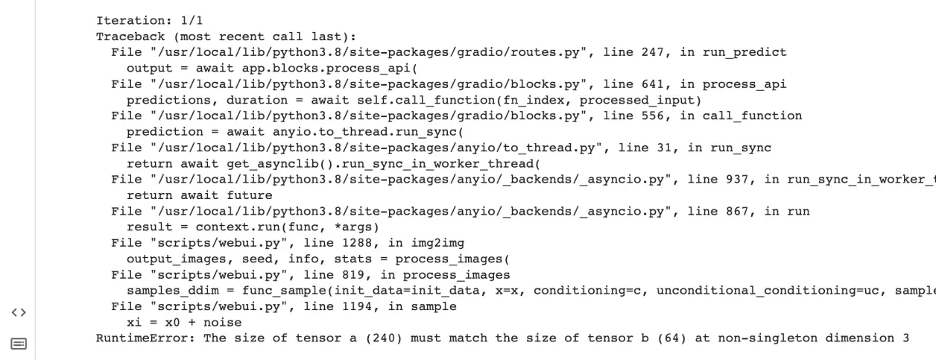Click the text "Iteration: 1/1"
coord(149,20)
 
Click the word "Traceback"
coord(130,37)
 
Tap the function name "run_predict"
coord(744,52)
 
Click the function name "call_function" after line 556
coord(752,116)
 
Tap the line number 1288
coord(357,243)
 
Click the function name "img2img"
coord(437,243)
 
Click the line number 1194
coord(357,306)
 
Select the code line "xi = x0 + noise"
coord(184,323)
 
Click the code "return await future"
coord(199,195)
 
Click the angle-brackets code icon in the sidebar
coord(19,312)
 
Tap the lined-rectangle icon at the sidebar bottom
coord(19,344)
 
